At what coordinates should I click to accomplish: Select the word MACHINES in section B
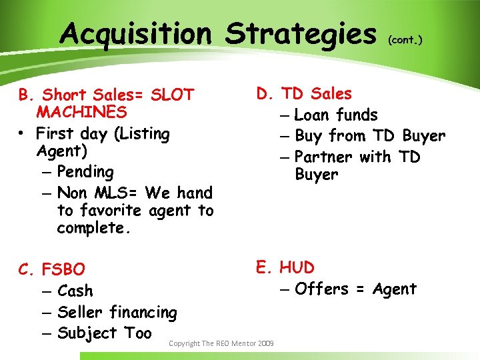coord(82,112)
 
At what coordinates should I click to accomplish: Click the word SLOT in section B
coord(171,95)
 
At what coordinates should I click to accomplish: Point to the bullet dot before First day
coord(23,134)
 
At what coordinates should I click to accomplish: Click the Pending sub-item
coord(85,172)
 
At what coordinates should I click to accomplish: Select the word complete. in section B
coord(90,229)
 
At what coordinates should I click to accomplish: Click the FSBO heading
coord(63,270)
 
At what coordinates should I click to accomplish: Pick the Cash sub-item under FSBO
coord(75,291)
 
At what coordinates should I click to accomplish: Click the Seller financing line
coord(117,312)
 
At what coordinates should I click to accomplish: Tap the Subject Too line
coord(105,333)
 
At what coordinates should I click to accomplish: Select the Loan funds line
coord(336,115)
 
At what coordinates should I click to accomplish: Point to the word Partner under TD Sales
coord(323,157)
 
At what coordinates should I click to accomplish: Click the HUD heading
coord(297,268)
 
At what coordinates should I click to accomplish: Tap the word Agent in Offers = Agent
coord(395,289)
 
